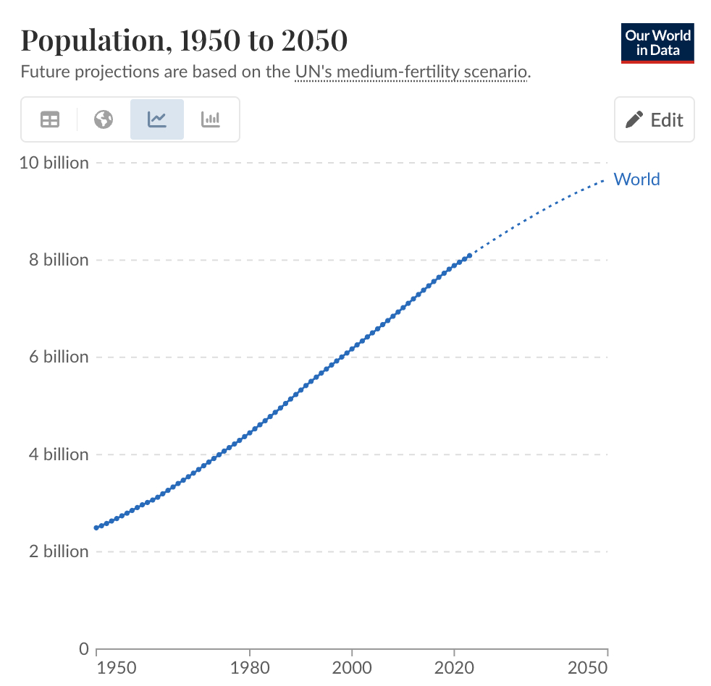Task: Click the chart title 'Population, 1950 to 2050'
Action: tap(184, 41)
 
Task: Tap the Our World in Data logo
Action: tap(657, 43)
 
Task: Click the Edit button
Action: tap(654, 119)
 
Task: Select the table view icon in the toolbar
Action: tap(50, 119)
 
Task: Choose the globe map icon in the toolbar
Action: tap(104, 119)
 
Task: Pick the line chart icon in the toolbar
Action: tap(157, 119)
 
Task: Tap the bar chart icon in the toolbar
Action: tap(211, 119)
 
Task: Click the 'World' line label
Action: tap(636, 179)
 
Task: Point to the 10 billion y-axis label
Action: tap(54, 163)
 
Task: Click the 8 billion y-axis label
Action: tap(59, 260)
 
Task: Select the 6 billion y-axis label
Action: tap(59, 357)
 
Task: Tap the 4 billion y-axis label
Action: tap(59, 454)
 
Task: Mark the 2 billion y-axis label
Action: tap(59, 551)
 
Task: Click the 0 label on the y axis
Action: tap(83, 649)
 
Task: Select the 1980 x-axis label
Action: tap(250, 666)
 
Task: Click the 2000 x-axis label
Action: tap(352, 666)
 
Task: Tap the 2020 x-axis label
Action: tap(454, 666)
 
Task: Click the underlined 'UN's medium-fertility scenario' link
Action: tap(411, 72)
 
